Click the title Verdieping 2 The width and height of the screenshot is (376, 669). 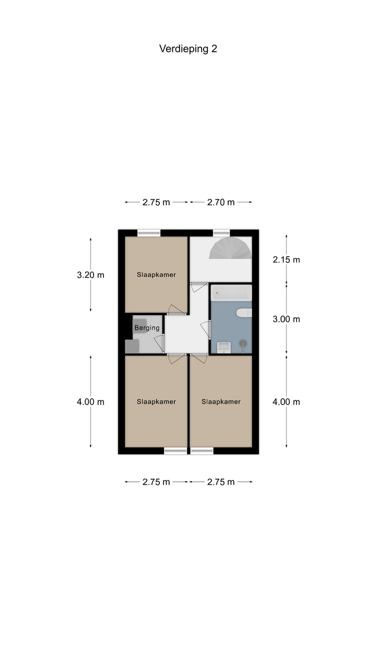(x=188, y=49)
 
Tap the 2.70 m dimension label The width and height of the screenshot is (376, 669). (x=221, y=202)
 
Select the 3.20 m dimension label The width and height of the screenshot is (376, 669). (x=91, y=275)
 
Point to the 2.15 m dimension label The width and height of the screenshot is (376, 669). (x=286, y=260)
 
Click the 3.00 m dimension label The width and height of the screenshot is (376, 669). (x=286, y=319)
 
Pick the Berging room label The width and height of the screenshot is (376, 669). (x=147, y=328)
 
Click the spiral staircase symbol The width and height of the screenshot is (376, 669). (x=230, y=248)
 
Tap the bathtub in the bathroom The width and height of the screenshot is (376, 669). (x=231, y=293)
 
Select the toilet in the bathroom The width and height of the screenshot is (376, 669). (x=244, y=313)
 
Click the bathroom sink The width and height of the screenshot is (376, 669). (x=224, y=348)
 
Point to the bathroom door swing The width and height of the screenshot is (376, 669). (x=206, y=329)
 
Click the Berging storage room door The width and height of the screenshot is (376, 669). (x=159, y=343)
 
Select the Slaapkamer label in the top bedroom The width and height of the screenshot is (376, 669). (x=156, y=275)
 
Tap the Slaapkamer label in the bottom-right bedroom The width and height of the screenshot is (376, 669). (x=221, y=402)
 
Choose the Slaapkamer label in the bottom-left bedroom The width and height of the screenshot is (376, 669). (x=156, y=402)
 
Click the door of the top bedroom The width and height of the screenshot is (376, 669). (x=177, y=310)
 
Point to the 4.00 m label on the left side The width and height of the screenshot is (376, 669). (x=91, y=402)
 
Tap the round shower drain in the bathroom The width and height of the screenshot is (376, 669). (x=243, y=343)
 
